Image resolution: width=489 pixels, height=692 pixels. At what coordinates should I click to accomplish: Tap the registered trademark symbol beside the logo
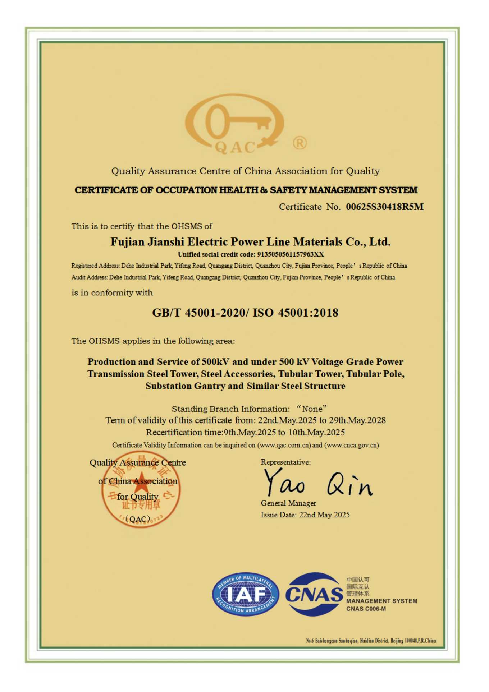tap(300, 143)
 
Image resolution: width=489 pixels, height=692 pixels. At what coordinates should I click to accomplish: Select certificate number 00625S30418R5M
tap(384, 207)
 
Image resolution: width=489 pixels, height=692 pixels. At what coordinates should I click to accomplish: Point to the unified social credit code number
tap(291, 254)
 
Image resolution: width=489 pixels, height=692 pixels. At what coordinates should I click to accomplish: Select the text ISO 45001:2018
tap(295, 313)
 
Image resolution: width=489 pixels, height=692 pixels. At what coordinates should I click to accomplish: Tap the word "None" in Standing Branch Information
tap(312, 409)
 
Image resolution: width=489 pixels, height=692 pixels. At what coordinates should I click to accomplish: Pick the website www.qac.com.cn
tap(285, 445)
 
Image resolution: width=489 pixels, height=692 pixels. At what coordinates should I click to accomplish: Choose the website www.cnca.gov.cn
tap(352, 445)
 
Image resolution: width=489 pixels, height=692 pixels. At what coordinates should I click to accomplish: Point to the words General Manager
tap(288, 503)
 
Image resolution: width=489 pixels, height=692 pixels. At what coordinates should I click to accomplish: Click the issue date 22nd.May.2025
tap(324, 515)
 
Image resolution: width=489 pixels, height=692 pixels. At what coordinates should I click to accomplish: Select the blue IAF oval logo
tap(246, 594)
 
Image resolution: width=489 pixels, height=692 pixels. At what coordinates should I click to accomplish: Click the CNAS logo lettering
tap(314, 594)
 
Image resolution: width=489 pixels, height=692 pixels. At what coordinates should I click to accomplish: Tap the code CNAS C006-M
tap(366, 609)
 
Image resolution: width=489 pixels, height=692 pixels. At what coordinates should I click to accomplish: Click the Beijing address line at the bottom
tap(371, 641)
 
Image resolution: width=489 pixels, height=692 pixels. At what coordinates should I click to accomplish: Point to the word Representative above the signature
tap(285, 462)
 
